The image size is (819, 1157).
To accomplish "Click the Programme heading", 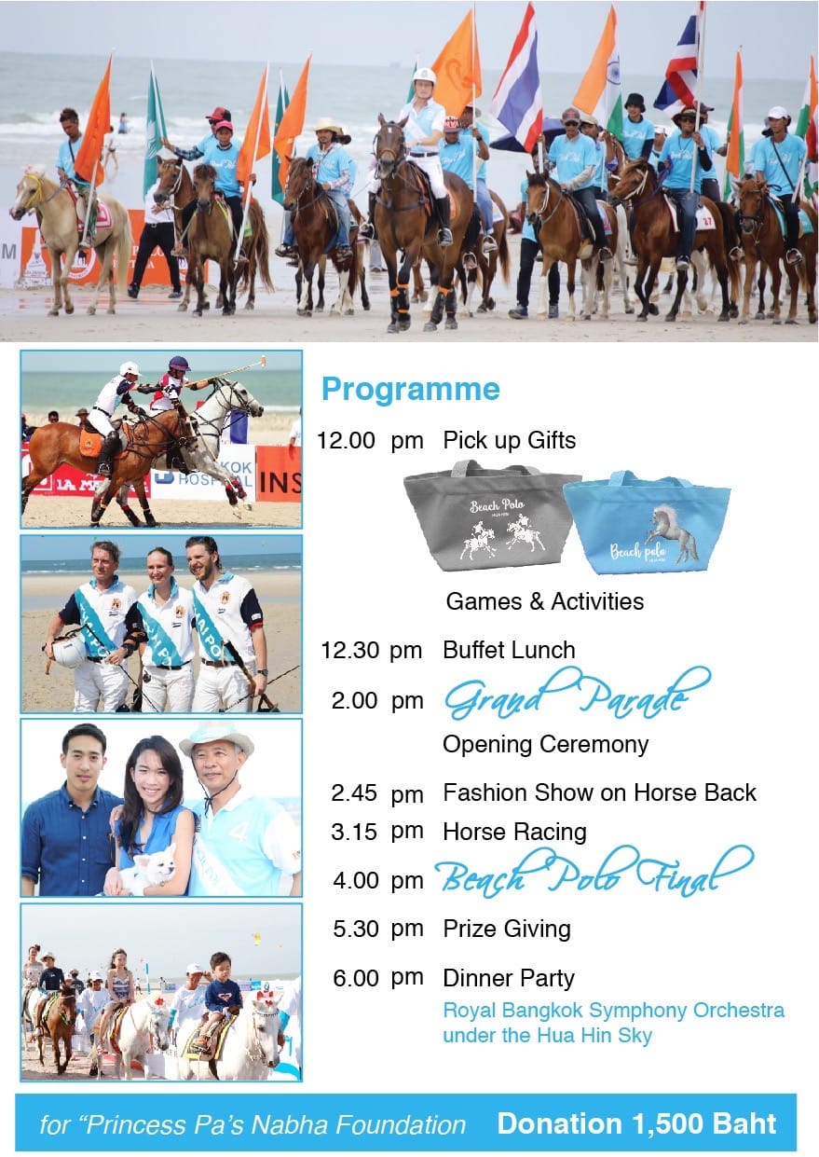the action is [x=411, y=390].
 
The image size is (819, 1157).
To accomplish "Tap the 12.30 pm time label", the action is [x=372, y=651].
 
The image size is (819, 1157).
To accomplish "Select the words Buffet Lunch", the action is [x=509, y=650].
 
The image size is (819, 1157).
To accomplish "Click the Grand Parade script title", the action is [x=578, y=693].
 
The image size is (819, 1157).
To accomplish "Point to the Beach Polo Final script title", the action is [x=594, y=873].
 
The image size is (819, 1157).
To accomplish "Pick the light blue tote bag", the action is [x=648, y=523].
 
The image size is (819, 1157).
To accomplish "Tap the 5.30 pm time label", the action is [x=378, y=930].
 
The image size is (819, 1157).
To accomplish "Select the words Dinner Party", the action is [x=509, y=978].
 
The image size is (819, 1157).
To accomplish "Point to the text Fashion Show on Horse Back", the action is [x=600, y=792].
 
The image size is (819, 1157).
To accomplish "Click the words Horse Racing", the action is [x=515, y=833].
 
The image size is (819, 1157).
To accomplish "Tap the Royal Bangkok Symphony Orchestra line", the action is [x=614, y=1011].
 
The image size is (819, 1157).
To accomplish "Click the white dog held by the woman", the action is [x=151, y=872].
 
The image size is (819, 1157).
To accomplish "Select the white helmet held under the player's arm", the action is [x=69, y=651].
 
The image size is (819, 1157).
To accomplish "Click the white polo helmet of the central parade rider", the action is [x=424, y=76].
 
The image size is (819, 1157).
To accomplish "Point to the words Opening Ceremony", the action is [x=545, y=745].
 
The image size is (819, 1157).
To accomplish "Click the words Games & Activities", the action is [x=545, y=601].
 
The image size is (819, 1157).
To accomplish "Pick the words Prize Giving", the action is [x=507, y=930].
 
